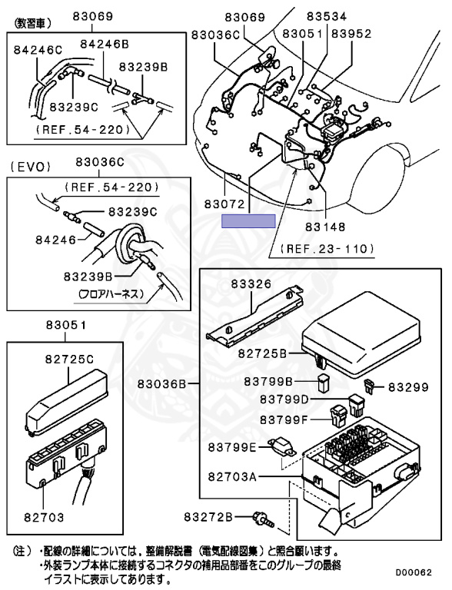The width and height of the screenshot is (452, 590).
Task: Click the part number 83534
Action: (x=326, y=17)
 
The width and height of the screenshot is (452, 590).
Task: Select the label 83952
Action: (x=351, y=34)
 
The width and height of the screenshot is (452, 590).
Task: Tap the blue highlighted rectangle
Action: (x=248, y=221)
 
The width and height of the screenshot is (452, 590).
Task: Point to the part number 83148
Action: (x=325, y=227)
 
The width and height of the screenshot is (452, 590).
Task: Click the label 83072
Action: (x=224, y=204)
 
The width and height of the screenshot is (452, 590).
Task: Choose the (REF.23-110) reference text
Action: (x=327, y=249)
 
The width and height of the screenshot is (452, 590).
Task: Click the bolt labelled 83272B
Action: (x=264, y=519)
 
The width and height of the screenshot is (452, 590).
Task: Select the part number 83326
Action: (x=251, y=283)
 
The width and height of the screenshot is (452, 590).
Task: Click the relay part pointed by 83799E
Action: (x=282, y=447)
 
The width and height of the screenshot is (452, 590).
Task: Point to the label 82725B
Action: (x=262, y=353)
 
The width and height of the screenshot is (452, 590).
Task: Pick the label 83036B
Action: (x=161, y=384)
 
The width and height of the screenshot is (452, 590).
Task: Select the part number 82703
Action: (x=44, y=517)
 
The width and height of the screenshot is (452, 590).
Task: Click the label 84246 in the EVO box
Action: (x=56, y=240)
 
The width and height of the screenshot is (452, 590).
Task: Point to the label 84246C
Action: (x=38, y=50)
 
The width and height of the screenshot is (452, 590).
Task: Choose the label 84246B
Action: (x=105, y=44)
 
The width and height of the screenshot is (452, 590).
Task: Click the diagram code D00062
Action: (x=414, y=572)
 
